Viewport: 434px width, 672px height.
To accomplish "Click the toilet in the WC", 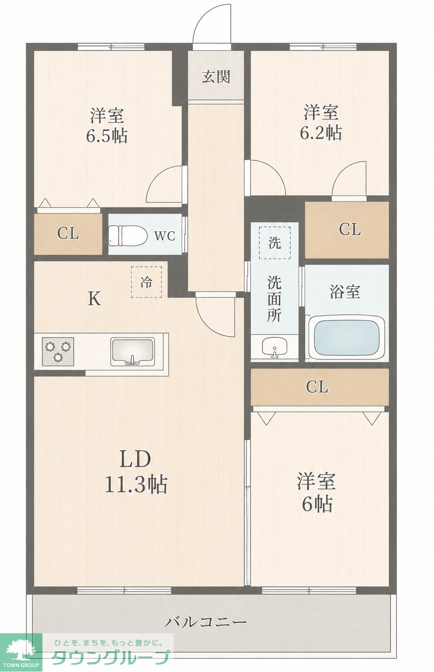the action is click(128, 234).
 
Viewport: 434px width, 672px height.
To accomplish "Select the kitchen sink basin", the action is click(132, 352).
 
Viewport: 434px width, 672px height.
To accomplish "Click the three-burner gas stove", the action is click(58, 351).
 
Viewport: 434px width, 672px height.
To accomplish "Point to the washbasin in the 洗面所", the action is click(274, 348).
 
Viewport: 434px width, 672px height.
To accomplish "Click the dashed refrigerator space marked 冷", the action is click(146, 282).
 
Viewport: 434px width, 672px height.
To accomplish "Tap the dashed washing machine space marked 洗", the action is click(275, 243).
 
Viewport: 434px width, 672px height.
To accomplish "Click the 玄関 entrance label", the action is click(216, 77).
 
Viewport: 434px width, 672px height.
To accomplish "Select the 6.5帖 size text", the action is click(107, 136).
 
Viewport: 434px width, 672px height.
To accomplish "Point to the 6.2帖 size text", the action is click(321, 133).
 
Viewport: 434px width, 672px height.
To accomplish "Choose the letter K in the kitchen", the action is click(94, 299).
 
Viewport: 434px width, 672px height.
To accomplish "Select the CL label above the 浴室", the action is click(350, 230).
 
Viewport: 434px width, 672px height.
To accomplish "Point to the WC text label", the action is click(164, 236).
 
